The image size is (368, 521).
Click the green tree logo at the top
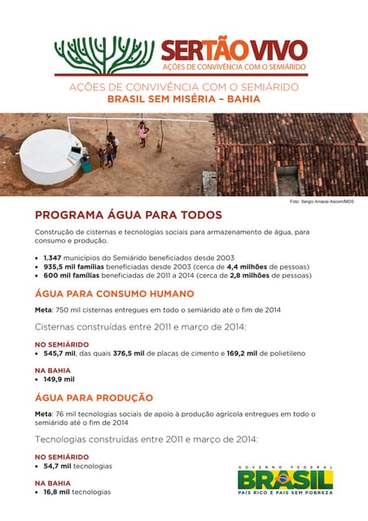pyautogui.click(x=103, y=55)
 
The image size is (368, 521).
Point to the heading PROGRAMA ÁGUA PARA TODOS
pyautogui.click(x=128, y=215)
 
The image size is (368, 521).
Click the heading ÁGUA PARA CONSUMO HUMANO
pyautogui.click(x=114, y=293)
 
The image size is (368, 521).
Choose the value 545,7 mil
pyautogui.click(x=59, y=353)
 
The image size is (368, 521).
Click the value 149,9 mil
pyautogui.click(x=59, y=379)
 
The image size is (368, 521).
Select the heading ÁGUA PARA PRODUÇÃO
pyautogui.click(x=94, y=398)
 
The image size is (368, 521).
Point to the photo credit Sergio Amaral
pyautogui.click(x=321, y=200)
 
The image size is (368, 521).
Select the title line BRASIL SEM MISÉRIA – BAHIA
pyautogui.click(x=183, y=99)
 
